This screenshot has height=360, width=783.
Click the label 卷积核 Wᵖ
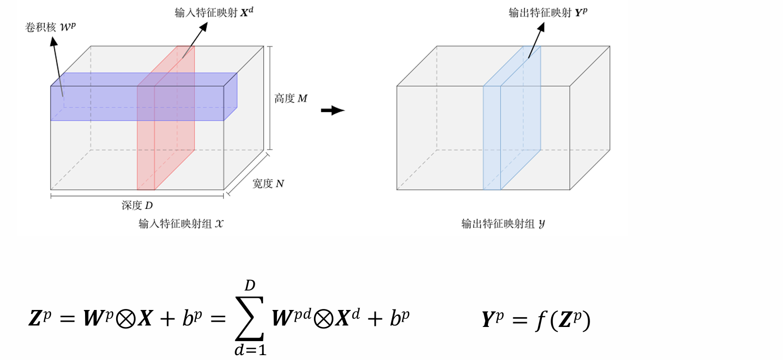point(51,27)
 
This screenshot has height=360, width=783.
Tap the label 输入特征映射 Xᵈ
point(214,12)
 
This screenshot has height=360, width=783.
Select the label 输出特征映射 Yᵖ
point(548,12)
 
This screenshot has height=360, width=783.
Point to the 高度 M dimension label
point(291,99)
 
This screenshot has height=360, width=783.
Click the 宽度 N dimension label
point(268,184)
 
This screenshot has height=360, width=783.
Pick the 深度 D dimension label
point(137,206)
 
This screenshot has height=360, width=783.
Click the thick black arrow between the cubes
point(332,110)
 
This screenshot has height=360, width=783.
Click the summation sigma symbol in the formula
point(249,318)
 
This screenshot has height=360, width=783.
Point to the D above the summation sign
point(250,285)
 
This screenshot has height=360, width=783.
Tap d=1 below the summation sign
point(250,350)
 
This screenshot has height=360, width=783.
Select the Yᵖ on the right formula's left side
point(492,319)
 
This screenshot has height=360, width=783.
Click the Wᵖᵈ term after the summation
point(291,318)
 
